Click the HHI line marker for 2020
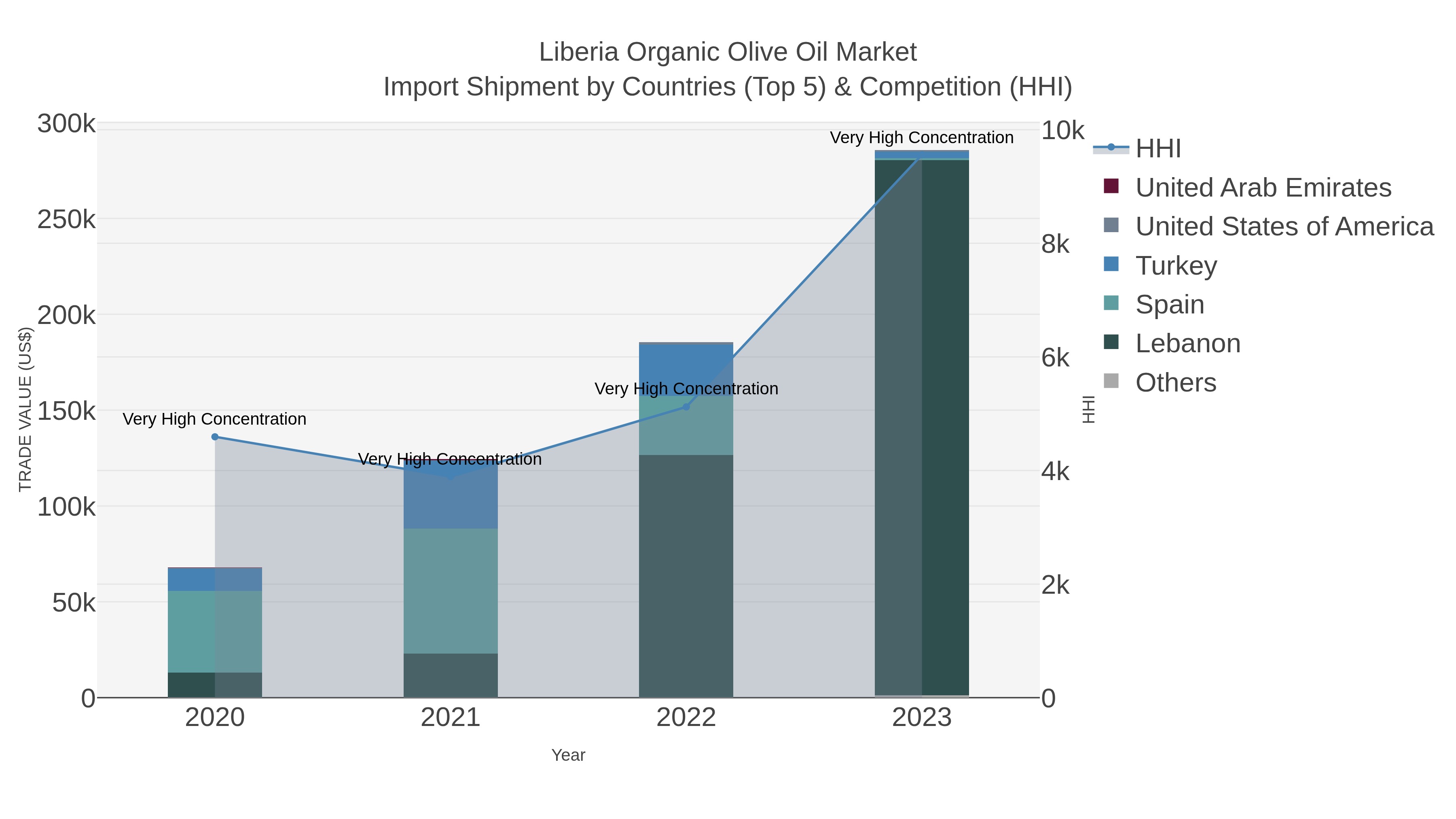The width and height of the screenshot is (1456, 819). tap(215, 437)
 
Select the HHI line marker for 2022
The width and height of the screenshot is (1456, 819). tap(686, 407)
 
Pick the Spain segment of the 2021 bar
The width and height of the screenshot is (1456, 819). tap(451, 590)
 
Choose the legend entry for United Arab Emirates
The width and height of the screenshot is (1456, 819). tap(1263, 188)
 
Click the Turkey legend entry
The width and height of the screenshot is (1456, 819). tap(1176, 266)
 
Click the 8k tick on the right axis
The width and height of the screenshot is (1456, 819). tap(1055, 244)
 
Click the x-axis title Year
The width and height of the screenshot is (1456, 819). tap(568, 755)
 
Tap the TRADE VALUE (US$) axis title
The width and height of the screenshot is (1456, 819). tap(25, 410)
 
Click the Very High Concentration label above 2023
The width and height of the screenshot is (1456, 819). tap(921, 138)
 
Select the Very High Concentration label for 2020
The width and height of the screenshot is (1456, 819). tap(215, 419)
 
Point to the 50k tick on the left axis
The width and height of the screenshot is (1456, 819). tap(74, 603)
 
